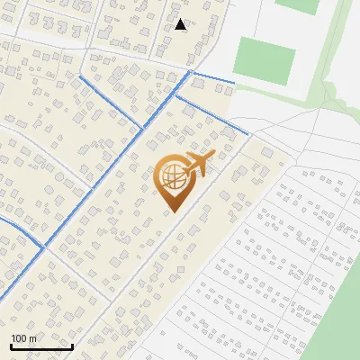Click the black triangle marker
(181, 24)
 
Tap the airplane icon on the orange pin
(197, 165)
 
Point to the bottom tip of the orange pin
(171, 212)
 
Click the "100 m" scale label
(23, 338)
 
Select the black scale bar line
(41, 346)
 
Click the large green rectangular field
(264, 56)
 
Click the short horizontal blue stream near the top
(212, 76)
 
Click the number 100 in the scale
(19, 338)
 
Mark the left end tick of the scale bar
(11, 345)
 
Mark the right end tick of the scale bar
(72, 345)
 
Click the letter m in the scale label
(32, 338)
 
